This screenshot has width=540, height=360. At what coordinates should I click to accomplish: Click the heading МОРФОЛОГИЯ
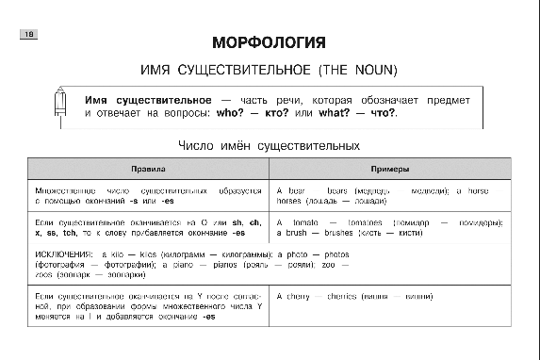point(269,43)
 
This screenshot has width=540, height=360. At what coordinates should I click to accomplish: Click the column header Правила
point(148,169)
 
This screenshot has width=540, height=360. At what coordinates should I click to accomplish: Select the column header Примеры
point(389,169)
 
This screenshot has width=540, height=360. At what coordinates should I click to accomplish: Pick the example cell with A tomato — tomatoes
point(389,227)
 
